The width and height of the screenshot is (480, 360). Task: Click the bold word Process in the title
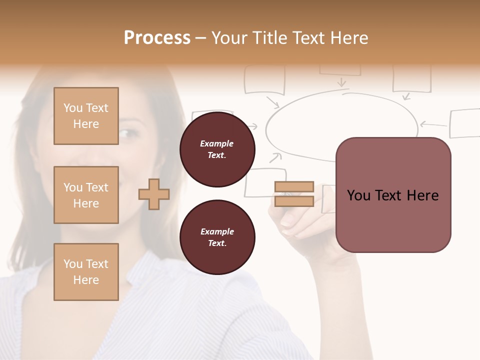coord(157,38)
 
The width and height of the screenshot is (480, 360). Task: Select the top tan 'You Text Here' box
coord(86,116)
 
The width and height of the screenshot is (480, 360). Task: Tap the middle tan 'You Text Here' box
coord(86,195)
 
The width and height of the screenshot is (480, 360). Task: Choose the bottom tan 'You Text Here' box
coord(86,272)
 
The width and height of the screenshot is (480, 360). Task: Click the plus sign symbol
coord(154,194)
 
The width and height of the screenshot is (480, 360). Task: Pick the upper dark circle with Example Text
coord(217,149)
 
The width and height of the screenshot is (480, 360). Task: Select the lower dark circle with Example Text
coord(217,237)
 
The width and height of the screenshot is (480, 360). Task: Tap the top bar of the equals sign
coord(294,187)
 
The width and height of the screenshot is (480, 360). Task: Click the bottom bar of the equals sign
coord(294,201)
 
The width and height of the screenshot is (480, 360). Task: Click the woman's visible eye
coord(128,134)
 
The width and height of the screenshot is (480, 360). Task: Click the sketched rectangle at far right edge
coord(465,123)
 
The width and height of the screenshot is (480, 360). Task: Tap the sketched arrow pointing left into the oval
coord(433,123)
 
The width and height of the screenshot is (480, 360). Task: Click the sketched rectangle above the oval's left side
coord(264,79)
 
